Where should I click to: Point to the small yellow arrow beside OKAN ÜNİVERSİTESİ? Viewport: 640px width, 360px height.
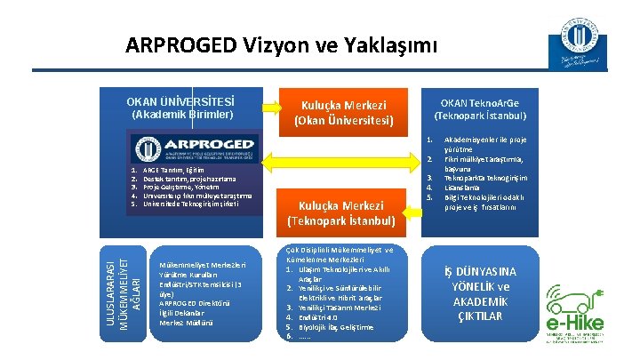click(x=258, y=112)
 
